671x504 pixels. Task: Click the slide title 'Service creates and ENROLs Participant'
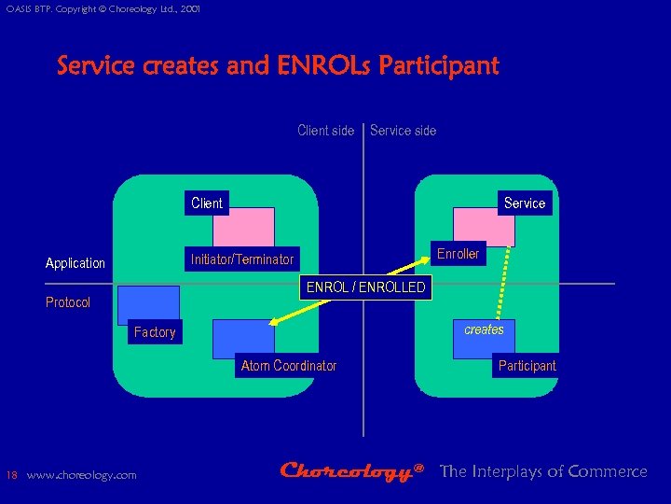(278, 66)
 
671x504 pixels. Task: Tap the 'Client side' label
(325, 131)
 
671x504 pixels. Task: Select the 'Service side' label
(403, 131)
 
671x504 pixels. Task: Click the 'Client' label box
(207, 203)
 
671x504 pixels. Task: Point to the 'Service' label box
(525, 203)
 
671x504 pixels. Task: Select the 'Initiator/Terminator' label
(241, 259)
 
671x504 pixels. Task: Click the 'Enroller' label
(458, 254)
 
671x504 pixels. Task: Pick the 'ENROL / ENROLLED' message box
(366, 287)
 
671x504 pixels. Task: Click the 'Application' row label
(75, 263)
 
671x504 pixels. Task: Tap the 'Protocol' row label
(68, 302)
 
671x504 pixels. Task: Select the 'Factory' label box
(155, 332)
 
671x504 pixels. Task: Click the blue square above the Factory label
(148, 304)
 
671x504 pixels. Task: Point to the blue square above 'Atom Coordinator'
(243, 339)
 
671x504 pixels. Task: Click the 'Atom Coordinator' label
(289, 366)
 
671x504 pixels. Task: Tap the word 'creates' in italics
(484, 329)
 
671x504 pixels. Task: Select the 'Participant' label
(527, 366)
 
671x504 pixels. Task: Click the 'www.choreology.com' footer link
(81, 475)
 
